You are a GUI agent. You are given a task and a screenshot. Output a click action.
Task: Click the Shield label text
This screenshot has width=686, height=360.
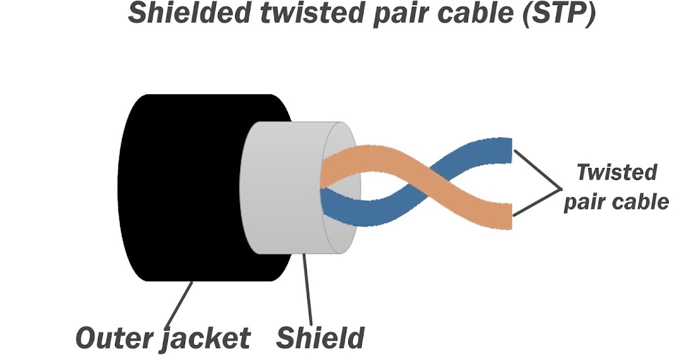320,338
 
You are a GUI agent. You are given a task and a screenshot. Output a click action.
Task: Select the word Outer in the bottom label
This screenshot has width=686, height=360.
112,338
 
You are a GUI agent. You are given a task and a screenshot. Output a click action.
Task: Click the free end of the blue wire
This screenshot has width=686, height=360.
503,150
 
